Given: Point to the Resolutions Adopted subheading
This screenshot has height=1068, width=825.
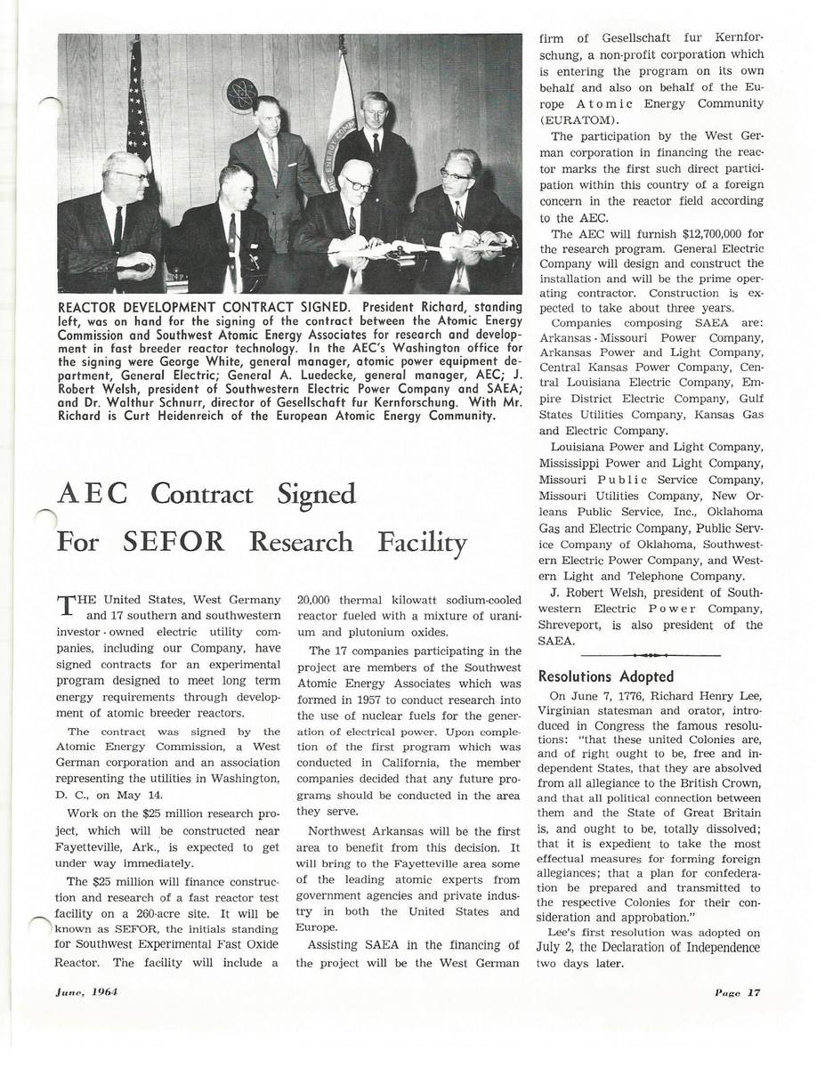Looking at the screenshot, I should tap(606, 676).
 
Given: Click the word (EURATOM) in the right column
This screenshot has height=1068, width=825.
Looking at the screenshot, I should tap(579, 119).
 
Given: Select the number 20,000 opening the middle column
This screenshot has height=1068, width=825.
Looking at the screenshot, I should tap(313, 600).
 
